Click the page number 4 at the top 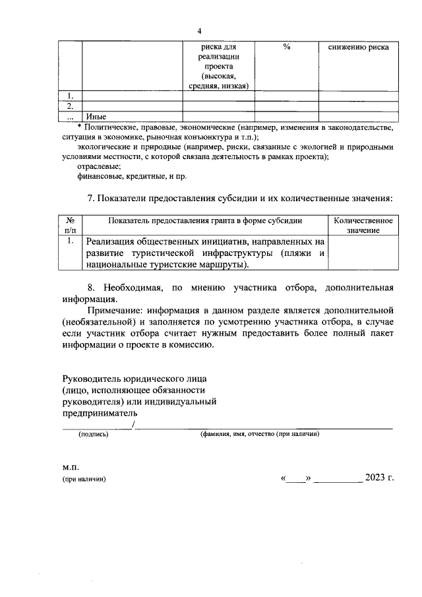click(200, 32)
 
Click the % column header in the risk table click(286, 47)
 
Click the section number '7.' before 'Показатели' click(93, 198)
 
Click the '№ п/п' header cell click(71, 226)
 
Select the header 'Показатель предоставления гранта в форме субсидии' click(205, 221)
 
